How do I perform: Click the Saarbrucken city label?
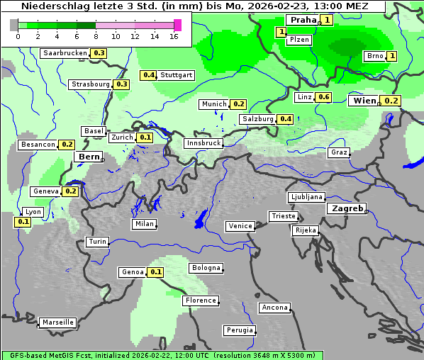click(x=65, y=53)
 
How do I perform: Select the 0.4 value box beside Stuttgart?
click(x=149, y=75)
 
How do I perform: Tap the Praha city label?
click(x=303, y=20)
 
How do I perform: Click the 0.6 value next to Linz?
click(x=324, y=97)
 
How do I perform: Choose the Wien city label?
click(x=364, y=101)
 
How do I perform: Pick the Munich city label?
click(x=214, y=104)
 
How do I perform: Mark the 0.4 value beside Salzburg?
click(x=286, y=119)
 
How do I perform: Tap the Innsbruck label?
click(x=203, y=143)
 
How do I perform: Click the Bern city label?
click(x=90, y=157)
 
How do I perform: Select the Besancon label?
click(x=38, y=145)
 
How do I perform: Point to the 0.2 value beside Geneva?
click(x=71, y=191)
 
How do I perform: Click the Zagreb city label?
click(x=346, y=209)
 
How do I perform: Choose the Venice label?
click(x=240, y=226)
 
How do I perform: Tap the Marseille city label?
click(x=58, y=322)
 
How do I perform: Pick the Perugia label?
click(x=240, y=330)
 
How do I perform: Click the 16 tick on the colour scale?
click(x=174, y=36)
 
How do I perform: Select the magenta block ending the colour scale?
click(x=177, y=25)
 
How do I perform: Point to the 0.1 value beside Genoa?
click(x=156, y=272)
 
